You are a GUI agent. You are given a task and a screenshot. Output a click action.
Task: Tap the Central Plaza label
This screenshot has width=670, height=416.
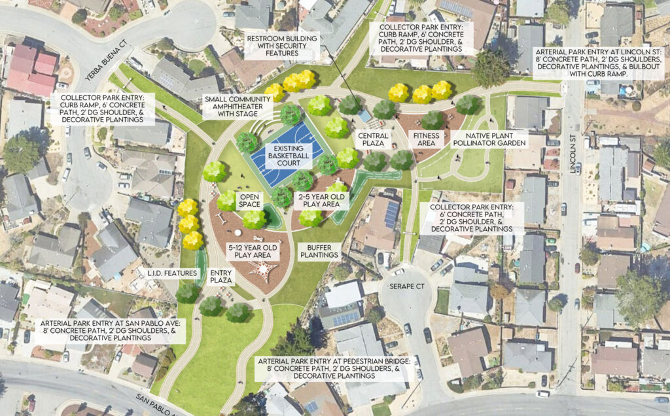click(374, 140)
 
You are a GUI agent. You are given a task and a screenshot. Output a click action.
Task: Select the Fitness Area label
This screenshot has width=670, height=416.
click(425, 140)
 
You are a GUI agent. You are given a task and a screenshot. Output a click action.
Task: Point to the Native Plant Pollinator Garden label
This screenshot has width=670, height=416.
click(487, 139)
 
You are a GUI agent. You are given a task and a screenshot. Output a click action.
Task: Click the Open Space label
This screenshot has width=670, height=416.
click(250, 200)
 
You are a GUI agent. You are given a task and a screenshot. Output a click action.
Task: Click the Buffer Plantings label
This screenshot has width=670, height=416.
click(319, 251)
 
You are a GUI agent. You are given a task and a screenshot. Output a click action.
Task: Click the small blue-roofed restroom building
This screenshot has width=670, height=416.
click(364, 116)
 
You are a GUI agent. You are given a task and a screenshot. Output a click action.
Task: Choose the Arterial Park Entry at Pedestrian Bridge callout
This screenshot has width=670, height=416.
click(328, 368)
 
